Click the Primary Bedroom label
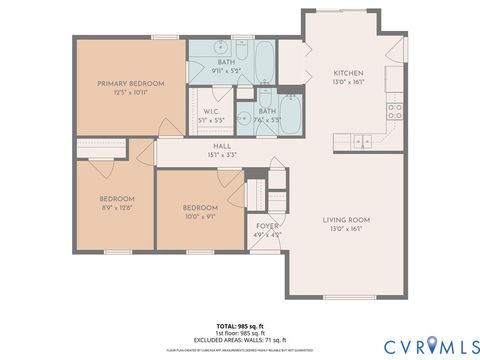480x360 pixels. [x=131, y=83]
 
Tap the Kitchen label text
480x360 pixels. [x=347, y=73]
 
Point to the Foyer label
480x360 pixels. [x=267, y=226]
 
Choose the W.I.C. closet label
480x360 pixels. [x=211, y=111]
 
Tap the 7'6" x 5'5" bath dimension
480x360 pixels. [x=267, y=119]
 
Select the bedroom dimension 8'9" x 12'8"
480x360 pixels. [x=116, y=208]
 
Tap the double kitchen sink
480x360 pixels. [x=359, y=139]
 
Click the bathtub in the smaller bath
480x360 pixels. [x=289, y=111]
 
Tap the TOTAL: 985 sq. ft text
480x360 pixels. [x=240, y=327]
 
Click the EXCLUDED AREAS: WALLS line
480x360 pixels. [x=240, y=341]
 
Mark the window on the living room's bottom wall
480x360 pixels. [x=345, y=297]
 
